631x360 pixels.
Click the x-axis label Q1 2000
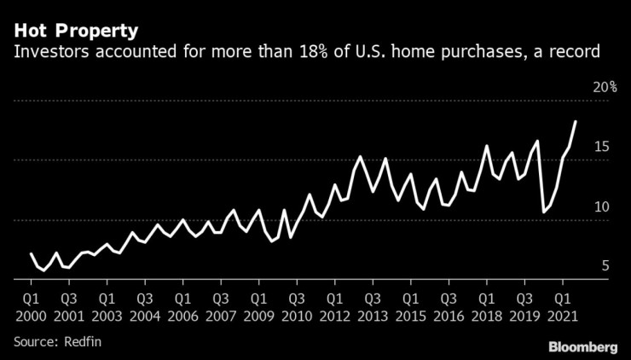coord(31,308)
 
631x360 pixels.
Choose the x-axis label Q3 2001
coord(68,308)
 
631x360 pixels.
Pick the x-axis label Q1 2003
coord(107,308)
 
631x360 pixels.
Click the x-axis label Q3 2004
coord(144,308)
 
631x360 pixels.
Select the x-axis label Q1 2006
coord(182,308)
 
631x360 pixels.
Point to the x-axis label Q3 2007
coord(220,308)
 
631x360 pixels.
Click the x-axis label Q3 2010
coord(296,308)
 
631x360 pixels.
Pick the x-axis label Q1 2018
coord(485,308)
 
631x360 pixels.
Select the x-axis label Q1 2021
coord(561,308)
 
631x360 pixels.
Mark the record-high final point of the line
coord(576,122)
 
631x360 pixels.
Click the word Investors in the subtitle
coord(47,53)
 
